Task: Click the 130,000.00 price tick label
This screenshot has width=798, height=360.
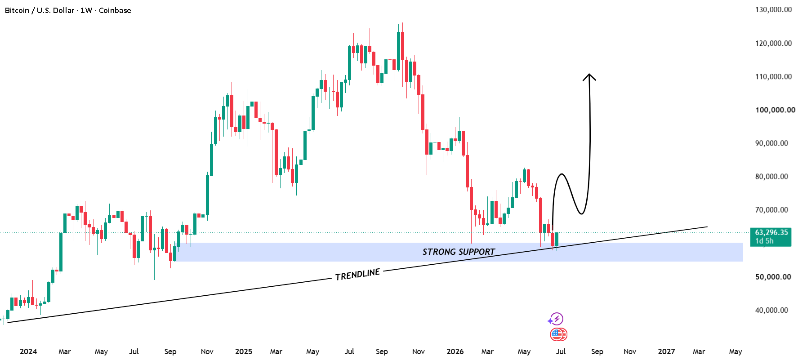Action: coord(773,10)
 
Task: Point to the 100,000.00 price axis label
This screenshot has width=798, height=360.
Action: coord(775,110)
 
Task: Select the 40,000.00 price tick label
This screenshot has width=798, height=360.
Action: coord(771,310)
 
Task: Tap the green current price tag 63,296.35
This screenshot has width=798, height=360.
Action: coord(771,237)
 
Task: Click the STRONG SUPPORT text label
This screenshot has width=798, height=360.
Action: coord(459,252)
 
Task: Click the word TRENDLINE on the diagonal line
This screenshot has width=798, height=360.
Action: coord(358,274)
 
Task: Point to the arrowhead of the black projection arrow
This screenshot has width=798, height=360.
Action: coord(589,77)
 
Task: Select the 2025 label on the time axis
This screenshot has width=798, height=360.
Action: coord(244,351)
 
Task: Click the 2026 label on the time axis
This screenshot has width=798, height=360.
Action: coord(455,351)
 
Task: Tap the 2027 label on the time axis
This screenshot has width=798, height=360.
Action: coord(666,351)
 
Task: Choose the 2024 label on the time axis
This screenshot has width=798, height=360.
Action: coord(28,351)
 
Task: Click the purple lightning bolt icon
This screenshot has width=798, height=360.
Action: coord(556,319)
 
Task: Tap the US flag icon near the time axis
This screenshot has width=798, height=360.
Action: coord(557,334)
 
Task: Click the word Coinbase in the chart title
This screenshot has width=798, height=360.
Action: coord(115,10)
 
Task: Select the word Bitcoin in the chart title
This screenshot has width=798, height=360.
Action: coord(17,10)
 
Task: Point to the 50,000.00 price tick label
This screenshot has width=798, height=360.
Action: coord(773,277)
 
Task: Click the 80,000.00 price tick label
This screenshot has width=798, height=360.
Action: coord(771,177)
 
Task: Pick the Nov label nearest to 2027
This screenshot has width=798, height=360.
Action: coord(630,351)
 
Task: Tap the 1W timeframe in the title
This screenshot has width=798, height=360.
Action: coord(86,10)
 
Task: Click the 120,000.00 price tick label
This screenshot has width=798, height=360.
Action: coord(773,44)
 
